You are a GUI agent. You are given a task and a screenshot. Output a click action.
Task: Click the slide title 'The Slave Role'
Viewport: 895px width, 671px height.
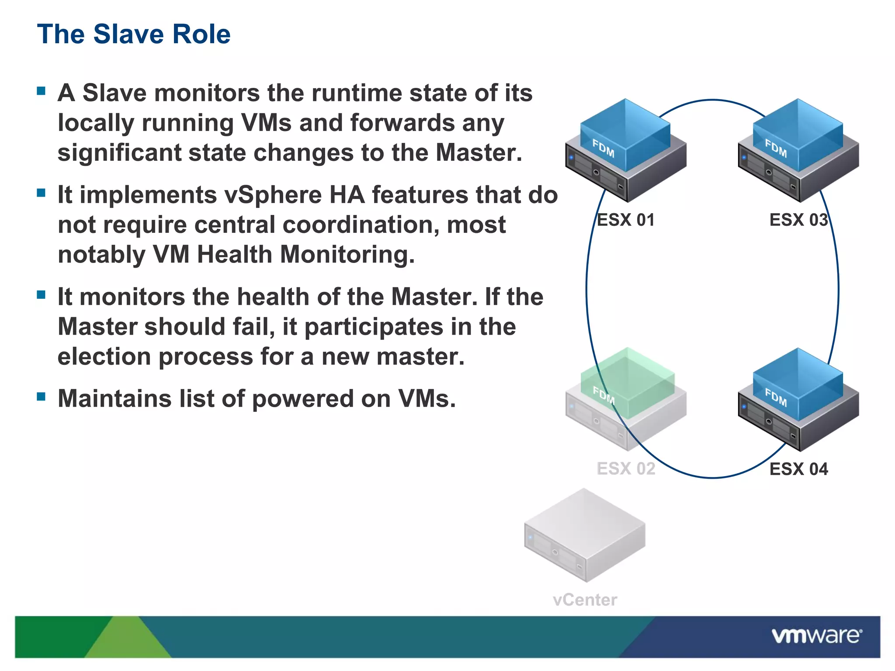pos(134,34)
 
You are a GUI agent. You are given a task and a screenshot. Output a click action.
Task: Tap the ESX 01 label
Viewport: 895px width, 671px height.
pos(625,220)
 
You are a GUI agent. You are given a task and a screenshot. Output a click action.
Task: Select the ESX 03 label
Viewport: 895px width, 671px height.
pos(798,220)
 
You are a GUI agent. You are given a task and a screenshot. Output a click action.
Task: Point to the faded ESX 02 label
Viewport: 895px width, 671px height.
pos(626,469)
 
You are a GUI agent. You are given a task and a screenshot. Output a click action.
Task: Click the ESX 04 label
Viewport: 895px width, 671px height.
pos(798,469)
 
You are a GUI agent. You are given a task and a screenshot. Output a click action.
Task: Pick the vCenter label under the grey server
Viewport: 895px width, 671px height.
pos(585,600)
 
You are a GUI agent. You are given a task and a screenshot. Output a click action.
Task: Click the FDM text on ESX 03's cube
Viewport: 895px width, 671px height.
pos(776,149)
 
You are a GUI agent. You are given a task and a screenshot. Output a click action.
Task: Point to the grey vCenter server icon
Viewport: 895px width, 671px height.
pos(585,535)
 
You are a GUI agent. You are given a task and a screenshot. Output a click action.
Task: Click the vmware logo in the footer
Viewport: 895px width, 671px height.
pos(817,636)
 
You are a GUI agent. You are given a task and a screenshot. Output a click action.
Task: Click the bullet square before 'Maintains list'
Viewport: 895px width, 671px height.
pos(42,397)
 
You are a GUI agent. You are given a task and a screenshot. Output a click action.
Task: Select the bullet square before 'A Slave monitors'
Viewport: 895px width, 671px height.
pos(42,91)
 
